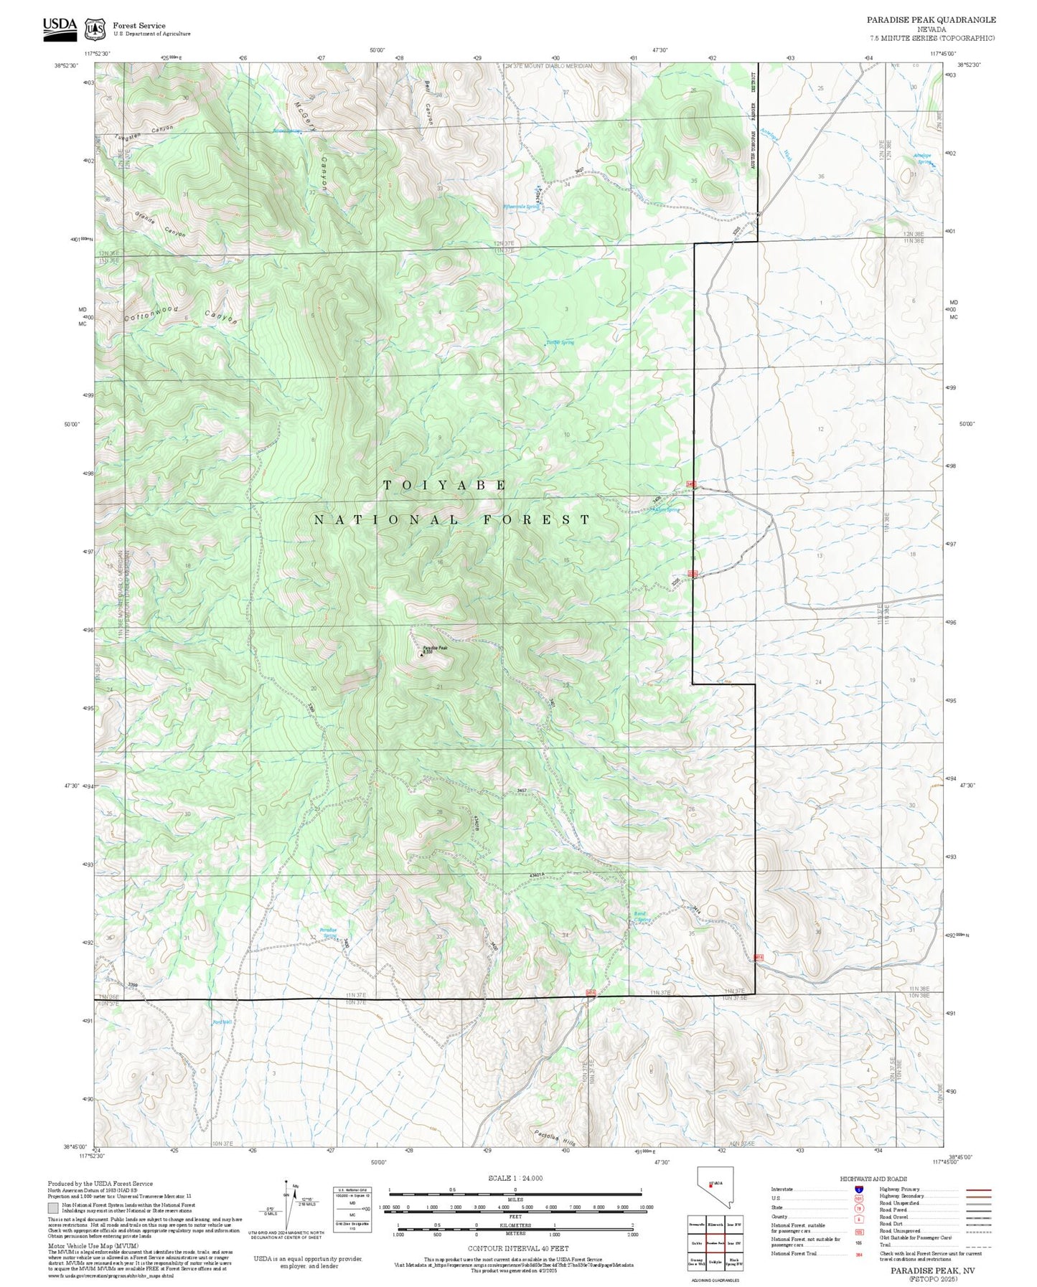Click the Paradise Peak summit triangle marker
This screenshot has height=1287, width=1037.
pos(421,654)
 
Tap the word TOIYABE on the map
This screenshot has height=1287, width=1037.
pos(445,485)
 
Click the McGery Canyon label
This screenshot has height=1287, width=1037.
pos(314,143)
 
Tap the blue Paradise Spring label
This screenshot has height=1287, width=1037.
pos(329,933)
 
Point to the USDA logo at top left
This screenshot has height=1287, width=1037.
pos(60,27)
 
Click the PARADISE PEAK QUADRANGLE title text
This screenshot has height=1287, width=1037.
pos(931,20)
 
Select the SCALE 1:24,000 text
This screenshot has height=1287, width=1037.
pos(515,1178)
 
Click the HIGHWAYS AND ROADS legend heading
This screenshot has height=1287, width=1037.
pos(873,1179)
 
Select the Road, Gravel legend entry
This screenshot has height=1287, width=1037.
pos(893,1218)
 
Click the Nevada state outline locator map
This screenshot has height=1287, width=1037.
pos(713,1195)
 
